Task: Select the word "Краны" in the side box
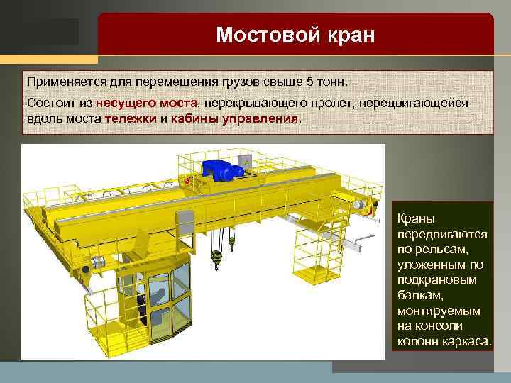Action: (416, 218)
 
